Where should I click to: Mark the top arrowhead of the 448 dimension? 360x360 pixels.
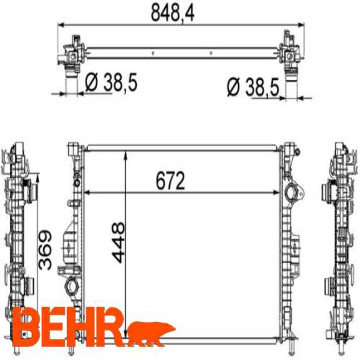pos(126,154)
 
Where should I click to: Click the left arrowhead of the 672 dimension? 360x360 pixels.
pos(88,193)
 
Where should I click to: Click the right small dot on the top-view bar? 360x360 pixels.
pos(210,52)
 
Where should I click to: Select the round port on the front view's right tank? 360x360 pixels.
pos(291,194)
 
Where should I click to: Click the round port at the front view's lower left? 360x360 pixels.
pos(73,287)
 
